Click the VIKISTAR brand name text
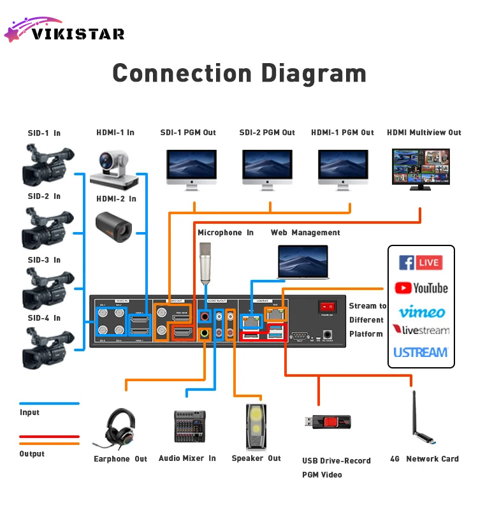click(x=78, y=34)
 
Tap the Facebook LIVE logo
click(x=421, y=263)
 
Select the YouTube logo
click(x=421, y=288)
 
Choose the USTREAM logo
click(x=421, y=352)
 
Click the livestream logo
click(x=421, y=330)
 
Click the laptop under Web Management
click(x=303, y=262)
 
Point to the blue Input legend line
click(x=49, y=404)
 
